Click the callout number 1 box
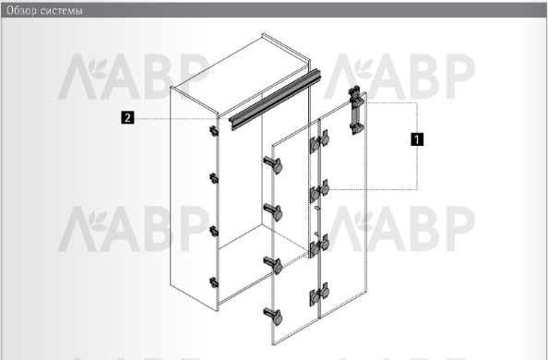[x=417, y=138]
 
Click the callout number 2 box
[x=127, y=117]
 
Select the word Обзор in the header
[x=21, y=10]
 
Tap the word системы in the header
[x=62, y=11]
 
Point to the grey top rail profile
[x=274, y=100]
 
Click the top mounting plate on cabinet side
[x=213, y=131]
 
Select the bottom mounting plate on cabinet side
[x=213, y=282]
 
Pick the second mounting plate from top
[x=213, y=178]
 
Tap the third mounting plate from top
[x=213, y=232]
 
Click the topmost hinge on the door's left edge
[x=273, y=165]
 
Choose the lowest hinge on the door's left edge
[x=273, y=316]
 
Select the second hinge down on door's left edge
[x=273, y=212]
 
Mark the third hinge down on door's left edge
[x=273, y=265]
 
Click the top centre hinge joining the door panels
[x=319, y=141]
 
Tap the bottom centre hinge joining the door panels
[x=319, y=294]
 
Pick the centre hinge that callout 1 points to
[x=319, y=191]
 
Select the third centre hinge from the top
[x=319, y=246]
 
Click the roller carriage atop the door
[x=356, y=110]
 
